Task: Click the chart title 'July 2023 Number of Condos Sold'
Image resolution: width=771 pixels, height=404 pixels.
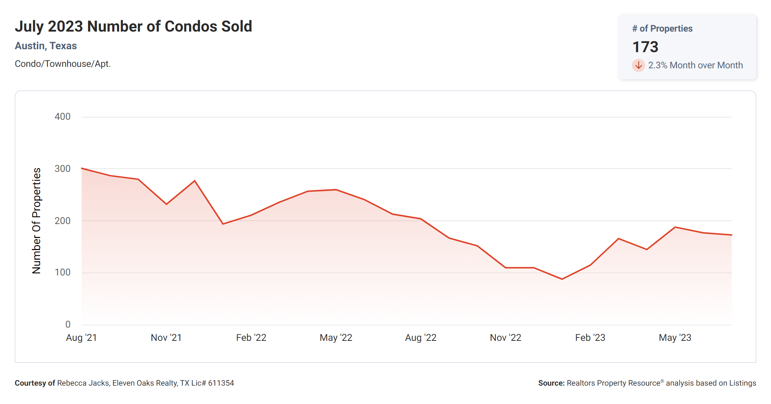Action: tap(133, 26)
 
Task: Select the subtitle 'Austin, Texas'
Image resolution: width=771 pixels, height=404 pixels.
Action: tap(46, 46)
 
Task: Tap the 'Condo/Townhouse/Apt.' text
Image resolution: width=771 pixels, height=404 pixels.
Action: tap(63, 64)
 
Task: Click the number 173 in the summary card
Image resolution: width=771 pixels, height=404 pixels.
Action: tap(645, 47)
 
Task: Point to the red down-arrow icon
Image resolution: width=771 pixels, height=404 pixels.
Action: tap(639, 65)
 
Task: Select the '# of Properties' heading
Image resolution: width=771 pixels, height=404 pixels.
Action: tap(662, 29)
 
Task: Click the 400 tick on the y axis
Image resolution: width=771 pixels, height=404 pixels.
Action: tap(63, 117)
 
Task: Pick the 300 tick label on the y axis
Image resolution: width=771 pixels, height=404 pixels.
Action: tap(63, 169)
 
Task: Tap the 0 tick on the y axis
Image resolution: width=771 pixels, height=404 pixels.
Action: tap(68, 324)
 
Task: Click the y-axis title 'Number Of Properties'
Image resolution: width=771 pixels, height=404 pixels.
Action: tap(36, 221)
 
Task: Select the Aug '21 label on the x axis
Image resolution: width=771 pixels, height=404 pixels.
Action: tap(81, 338)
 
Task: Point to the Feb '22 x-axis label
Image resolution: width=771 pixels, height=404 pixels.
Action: tap(251, 338)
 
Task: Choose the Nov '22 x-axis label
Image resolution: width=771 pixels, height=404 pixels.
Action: tap(505, 338)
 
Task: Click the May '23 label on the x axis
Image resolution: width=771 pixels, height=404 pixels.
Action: tap(675, 338)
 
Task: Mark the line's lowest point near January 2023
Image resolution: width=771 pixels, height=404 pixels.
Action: tap(562, 279)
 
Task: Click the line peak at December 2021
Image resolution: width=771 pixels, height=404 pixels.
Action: tap(195, 181)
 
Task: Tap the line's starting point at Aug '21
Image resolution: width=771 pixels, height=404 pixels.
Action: tap(82, 168)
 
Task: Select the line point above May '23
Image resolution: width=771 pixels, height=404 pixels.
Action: tap(675, 227)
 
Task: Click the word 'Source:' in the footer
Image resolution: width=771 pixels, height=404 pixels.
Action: tap(551, 383)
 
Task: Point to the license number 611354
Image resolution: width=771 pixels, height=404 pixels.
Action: tap(221, 383)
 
